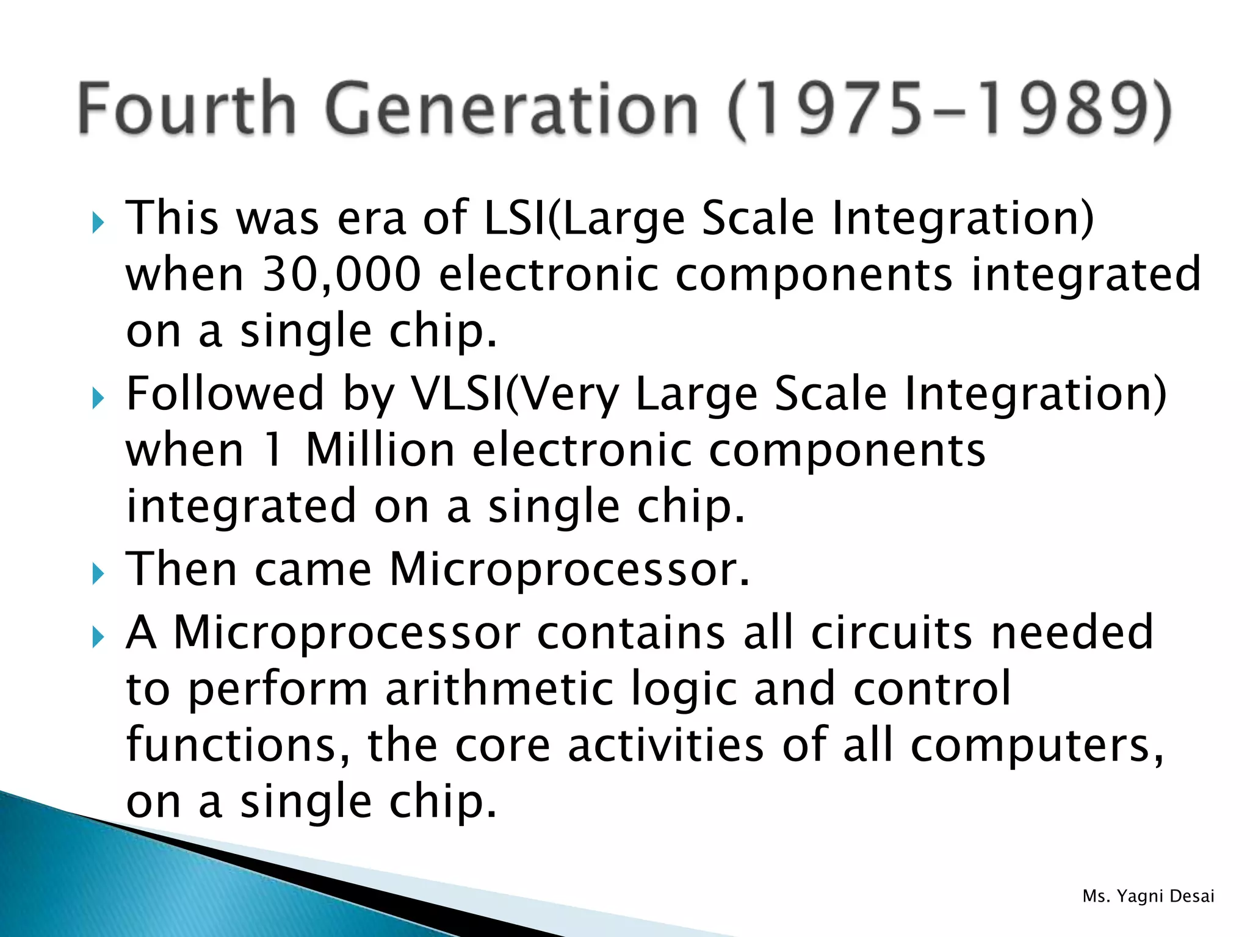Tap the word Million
[x=380, y=451]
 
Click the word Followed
[x=225, y=394]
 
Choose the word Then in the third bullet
[x=181, y=569]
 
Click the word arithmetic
[x=499, y=689]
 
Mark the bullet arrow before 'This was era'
[x=98, y=223]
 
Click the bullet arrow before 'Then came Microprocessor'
[x=98, y=573]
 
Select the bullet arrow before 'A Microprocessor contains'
[x=98, y=637]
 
